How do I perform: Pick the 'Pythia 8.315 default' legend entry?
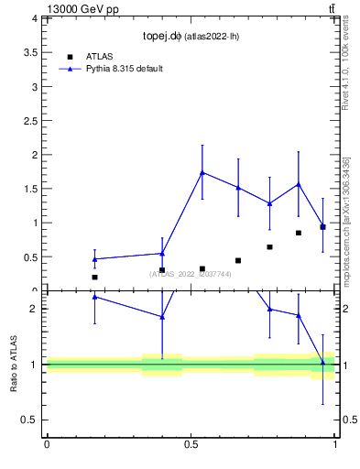click(x=124, y=69)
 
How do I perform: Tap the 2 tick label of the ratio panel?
click(x=32, y=309)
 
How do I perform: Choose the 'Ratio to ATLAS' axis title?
click(x=14, y=364)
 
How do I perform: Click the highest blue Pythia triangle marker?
click(x=202, y=172)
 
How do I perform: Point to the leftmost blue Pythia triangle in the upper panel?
click(x=94, y=258)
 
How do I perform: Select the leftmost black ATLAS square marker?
click(x=94, y=277)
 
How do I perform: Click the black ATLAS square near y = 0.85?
click(x=299, y=233)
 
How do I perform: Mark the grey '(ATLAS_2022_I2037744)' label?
click(x=191, y=274)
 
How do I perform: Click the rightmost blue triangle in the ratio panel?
click(x=322, y=362)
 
